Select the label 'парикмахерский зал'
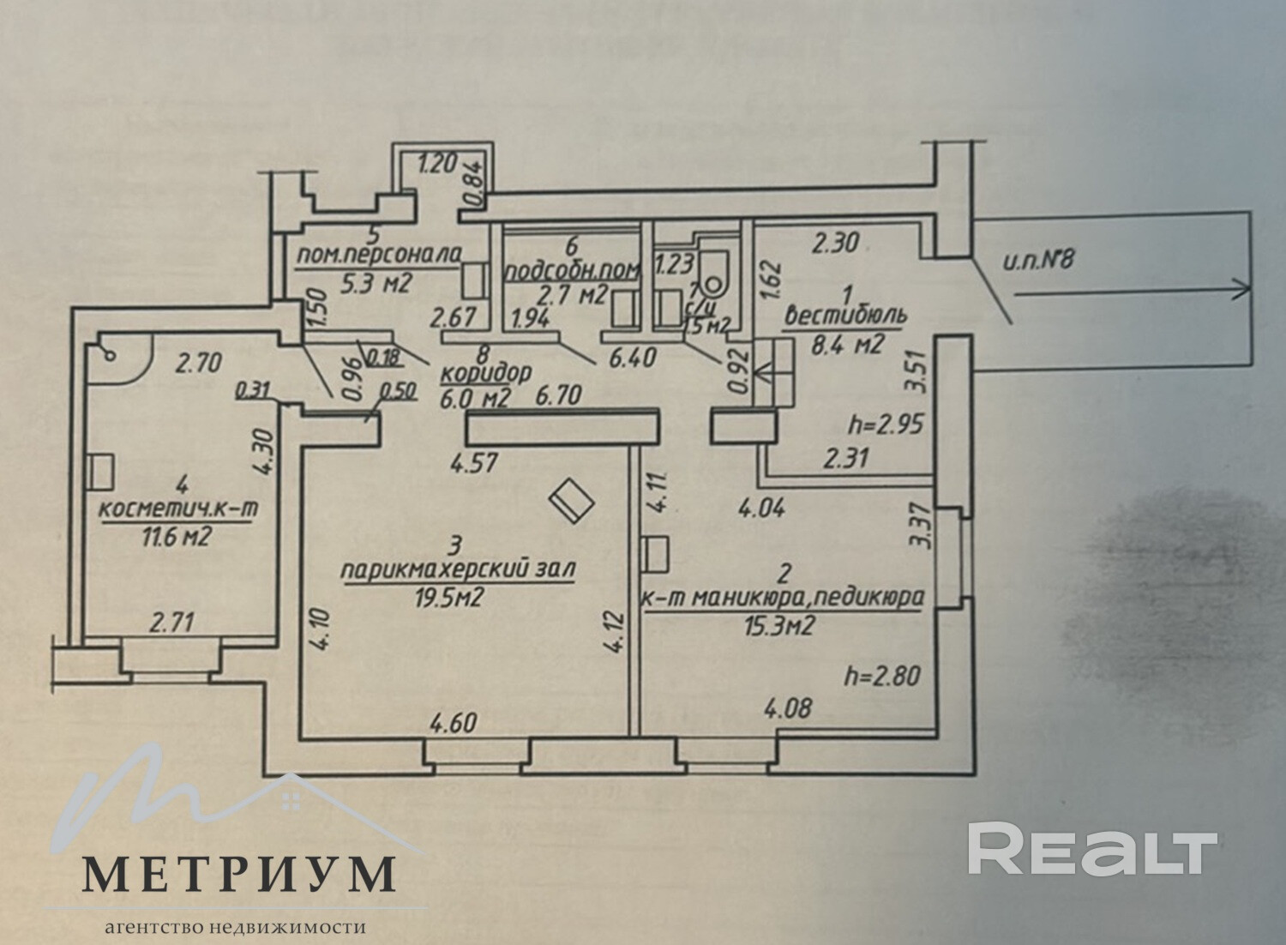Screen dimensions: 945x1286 point(458,569)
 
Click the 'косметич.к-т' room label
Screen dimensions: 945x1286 point(179,509)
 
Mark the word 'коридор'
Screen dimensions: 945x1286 point(487,374)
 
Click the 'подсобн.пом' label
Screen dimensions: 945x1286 point(573,271)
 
